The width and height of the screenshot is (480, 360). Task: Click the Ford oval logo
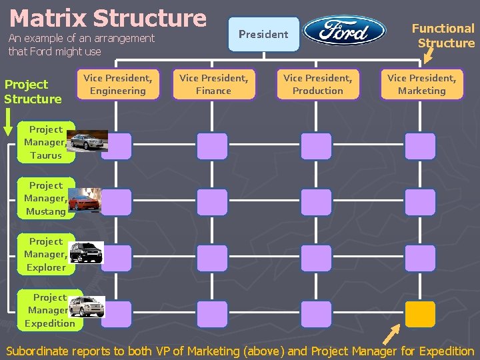(345, 31)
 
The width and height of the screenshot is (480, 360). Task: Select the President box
(263, 34)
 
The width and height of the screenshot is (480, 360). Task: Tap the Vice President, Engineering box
(118, 85)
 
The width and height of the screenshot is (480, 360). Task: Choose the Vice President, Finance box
(214, 85)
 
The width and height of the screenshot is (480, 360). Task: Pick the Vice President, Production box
(318, 85)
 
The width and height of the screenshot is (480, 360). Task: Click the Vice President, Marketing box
(422, 85)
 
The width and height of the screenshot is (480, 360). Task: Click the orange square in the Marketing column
(420, 314)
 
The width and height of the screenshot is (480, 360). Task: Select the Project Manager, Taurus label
(46, 143)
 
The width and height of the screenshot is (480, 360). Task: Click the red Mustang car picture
(85, 199)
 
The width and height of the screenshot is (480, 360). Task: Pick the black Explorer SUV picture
(87, 252)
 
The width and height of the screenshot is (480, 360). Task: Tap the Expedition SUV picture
(85, 306)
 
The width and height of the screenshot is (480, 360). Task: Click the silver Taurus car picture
(86, 142)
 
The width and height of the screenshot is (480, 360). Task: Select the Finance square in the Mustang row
(212, 202)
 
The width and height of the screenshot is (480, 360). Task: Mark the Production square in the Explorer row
(316, 258)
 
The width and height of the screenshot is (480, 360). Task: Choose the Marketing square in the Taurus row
(420, 146)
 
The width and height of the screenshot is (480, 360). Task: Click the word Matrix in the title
(47, 18)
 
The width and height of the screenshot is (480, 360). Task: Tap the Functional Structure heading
(443, 35)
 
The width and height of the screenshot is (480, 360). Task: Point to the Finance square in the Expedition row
(212, 314)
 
